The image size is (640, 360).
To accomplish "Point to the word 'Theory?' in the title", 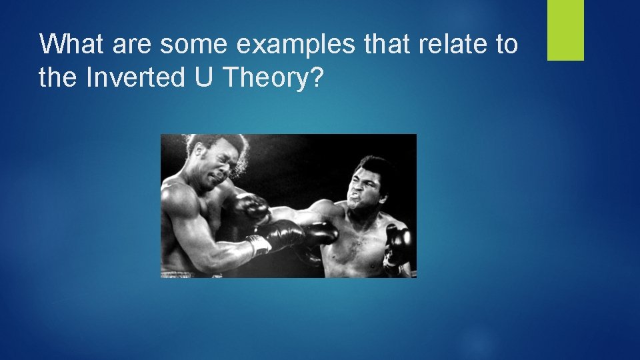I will point(274,79).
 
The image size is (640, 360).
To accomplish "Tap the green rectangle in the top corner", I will point(565,30).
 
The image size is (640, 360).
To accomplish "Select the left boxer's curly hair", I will point(213,147).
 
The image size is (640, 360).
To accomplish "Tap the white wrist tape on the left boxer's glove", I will point(259,245).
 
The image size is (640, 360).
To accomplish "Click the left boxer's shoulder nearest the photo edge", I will point(175,200).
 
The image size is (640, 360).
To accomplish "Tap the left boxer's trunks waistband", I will point(175,273).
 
